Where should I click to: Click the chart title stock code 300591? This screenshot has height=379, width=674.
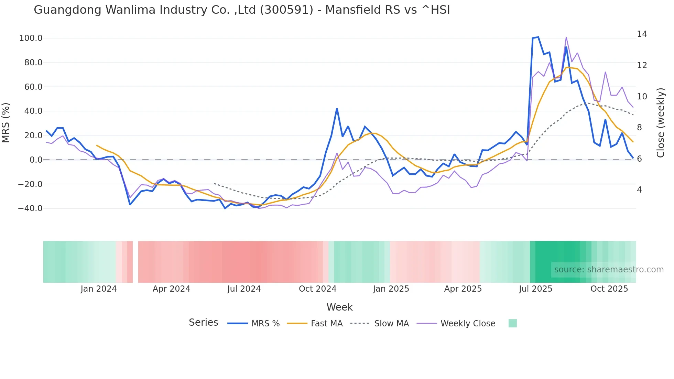coord(286,10)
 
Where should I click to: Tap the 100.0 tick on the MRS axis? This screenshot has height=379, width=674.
coord(31,38)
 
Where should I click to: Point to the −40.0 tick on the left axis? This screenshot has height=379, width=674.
coord(30,208)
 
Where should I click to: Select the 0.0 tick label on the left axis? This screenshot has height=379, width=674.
coord(36,160)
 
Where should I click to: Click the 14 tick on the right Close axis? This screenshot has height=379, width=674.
coord(642,34)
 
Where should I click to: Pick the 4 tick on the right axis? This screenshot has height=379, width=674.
coord(639,190)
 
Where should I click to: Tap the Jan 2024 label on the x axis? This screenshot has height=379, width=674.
coord(99,289)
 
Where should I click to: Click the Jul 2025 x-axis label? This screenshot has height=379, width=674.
coord(535,289)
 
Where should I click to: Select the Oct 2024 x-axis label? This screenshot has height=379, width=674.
coord(317,289)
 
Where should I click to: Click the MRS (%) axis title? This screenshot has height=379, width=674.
coord(6,123)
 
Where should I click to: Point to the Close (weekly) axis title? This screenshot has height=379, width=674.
coord(661,123)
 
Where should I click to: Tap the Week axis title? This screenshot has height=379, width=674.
coord(339,307)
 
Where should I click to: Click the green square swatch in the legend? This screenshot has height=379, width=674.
coord(512,323)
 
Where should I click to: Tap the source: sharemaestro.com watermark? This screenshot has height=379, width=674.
coord(609,270)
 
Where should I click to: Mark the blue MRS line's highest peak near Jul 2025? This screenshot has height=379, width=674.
coord(538,37)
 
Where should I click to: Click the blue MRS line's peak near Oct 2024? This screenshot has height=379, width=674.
coord(337,109)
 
